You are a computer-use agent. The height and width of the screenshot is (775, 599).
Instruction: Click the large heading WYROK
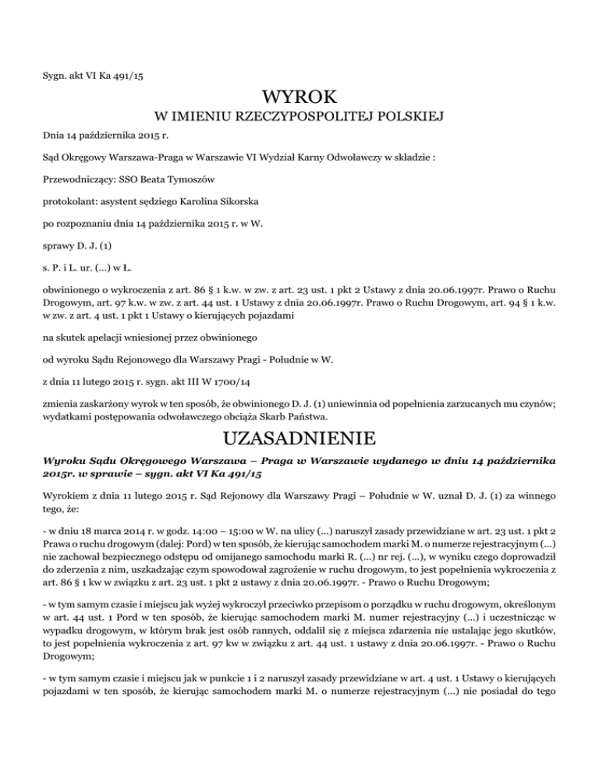tap(299, 98)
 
